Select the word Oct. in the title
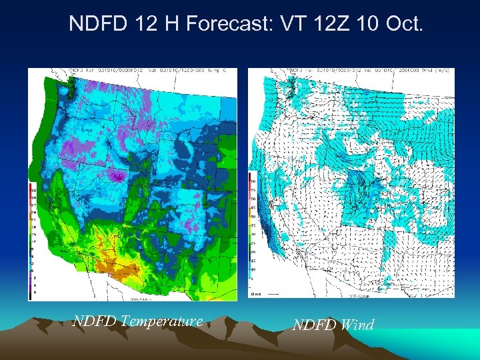pos(402,25)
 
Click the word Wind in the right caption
pos(357,325)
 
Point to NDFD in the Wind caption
pos(314,325)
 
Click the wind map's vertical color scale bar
pos(251,226)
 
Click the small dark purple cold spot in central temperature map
pos(118,177)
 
